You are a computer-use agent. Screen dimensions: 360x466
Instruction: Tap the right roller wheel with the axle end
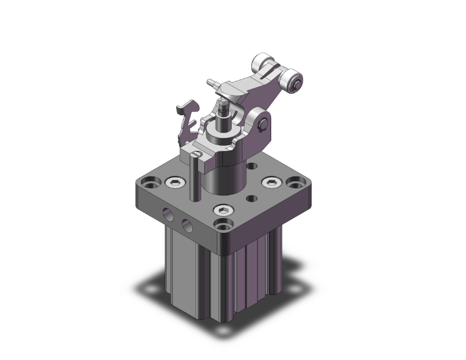(x=294, y=80)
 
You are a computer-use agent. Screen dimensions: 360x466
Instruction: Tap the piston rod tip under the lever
(x=224, y=108)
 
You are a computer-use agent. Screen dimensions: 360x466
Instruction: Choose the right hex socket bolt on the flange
(x=271, y=182)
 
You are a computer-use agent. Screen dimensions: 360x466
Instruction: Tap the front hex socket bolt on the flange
(x=224, y=212)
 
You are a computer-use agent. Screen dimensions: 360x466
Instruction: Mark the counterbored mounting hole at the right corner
(x=294, y=184)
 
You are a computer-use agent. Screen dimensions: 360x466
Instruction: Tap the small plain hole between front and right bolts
(x=251, y=198)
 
